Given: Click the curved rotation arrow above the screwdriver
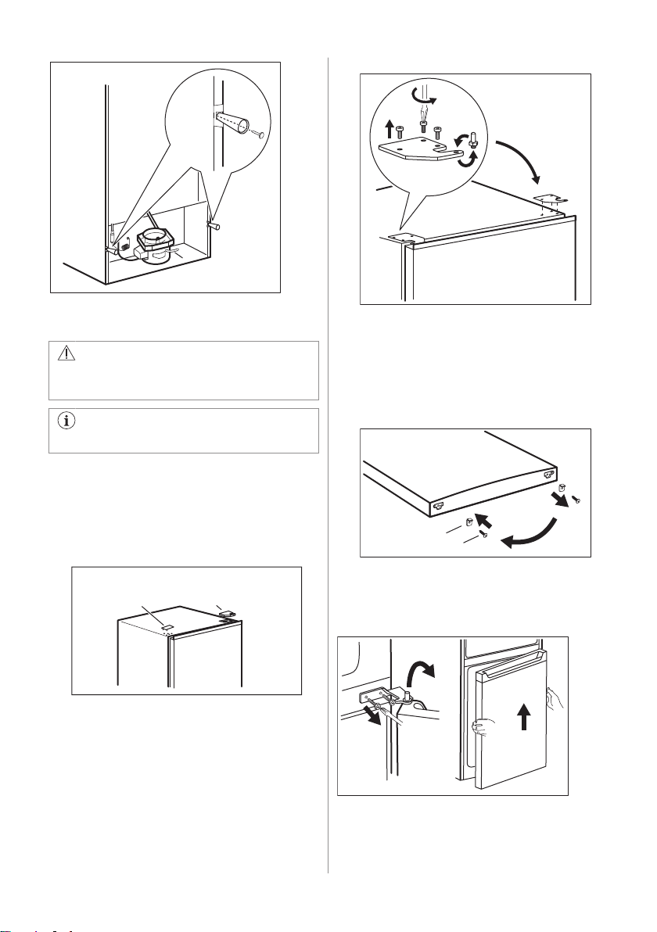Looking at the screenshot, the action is coord(425,95).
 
